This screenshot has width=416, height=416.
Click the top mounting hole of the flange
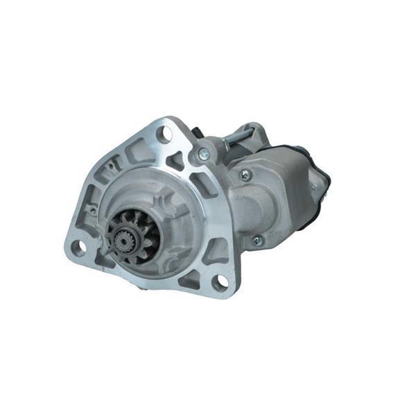point(164,135)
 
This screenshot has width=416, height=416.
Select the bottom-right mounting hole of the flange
point(220,281)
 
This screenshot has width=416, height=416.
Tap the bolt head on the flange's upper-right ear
point(203,155)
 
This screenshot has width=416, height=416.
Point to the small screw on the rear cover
point(313,187)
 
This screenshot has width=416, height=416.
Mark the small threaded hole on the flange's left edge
point(92,209)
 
